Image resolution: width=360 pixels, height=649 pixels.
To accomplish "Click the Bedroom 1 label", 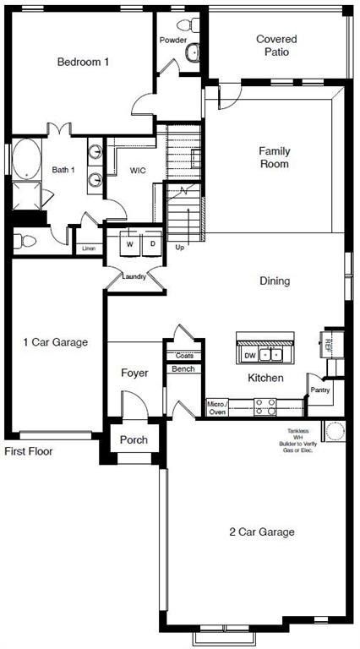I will coord(83,62).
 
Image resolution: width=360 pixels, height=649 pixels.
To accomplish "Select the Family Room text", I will coord(274,157).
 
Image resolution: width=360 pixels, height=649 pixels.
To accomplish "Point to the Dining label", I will coord(275,281).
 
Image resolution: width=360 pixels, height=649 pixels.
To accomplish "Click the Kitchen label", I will coord(265,378).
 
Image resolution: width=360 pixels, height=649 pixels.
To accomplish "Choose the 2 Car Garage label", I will coord(261,532).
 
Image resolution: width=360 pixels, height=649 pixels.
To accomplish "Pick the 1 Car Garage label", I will coord(55,342).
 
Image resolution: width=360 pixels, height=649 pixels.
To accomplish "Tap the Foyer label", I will coord(134,373).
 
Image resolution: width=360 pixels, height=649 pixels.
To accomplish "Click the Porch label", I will coord(134,439).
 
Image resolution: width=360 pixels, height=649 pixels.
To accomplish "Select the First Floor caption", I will coord(29,452).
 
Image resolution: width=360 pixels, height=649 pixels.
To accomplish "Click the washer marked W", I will coord(129,244).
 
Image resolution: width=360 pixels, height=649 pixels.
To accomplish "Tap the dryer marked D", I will coord(153,244).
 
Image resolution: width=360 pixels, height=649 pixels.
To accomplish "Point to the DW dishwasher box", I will coord(249,355).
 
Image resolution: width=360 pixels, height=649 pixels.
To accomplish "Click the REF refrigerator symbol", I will coord(330,343).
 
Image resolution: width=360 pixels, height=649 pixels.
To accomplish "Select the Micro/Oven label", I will coord(216,408).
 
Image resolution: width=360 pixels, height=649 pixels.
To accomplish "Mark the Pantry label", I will coord(319,390).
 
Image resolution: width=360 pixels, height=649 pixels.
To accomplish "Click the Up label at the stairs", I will coord(179,248).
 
